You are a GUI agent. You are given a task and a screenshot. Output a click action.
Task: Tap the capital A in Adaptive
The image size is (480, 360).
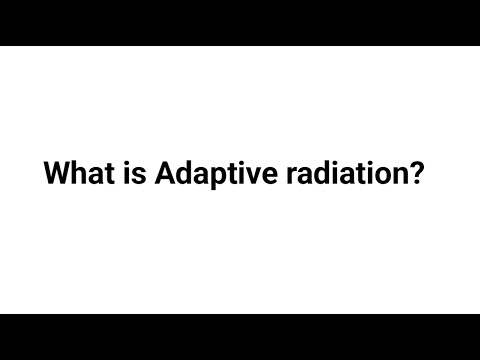[x=166, y=174]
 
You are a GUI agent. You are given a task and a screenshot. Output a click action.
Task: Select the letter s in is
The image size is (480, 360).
[x=140, y=176]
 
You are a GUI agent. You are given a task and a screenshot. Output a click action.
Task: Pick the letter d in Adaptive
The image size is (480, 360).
[x=184, y=174]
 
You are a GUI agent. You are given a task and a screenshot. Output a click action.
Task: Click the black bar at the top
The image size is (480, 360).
[x=240, y=22]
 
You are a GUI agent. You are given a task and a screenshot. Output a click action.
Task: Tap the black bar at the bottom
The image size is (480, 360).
[x=240, y=337]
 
